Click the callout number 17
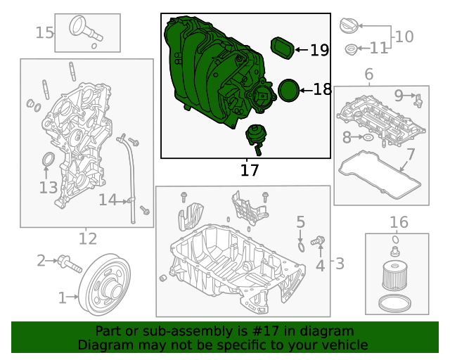250,169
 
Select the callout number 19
319,50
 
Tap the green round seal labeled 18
288,90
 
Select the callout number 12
87,238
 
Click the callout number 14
108,200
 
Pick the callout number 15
44,32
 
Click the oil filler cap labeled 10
349,27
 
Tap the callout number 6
368,74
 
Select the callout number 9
399,95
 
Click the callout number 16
398,222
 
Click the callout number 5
300,222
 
